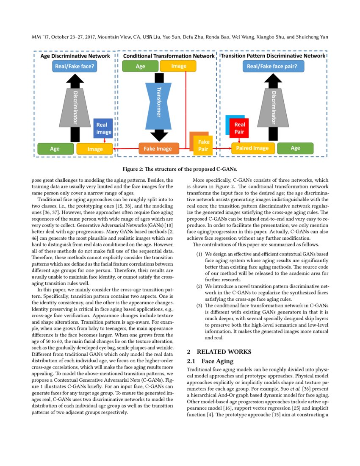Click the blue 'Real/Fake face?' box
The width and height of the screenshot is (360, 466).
(75, 66)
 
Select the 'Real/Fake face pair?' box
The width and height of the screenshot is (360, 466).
(271, 66)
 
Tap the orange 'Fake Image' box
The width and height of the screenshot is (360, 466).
(158, 149)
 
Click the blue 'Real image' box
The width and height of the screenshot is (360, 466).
(103, 128)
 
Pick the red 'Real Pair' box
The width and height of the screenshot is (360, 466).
(240, 128)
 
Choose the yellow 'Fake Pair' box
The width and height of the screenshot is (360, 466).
(203, 145)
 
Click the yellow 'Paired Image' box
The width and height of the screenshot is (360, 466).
(253, 148)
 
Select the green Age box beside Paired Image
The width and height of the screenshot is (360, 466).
(296, 148)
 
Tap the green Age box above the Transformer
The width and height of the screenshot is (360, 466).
(140, 66)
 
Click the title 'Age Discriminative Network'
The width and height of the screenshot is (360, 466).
(75, 56)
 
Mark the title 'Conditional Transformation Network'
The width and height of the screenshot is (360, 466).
(169, 56)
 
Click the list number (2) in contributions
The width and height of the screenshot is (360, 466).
(199, 286)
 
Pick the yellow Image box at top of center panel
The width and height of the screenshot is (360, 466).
(178, 66)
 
